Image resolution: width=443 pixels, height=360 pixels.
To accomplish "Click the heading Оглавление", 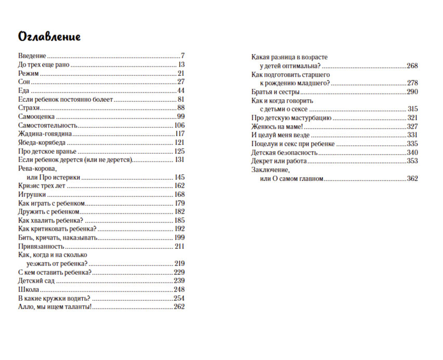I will pyautogui.click(x=49, y=37).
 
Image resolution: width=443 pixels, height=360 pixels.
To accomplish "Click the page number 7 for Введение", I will pyautogui.click(x=183, y=56).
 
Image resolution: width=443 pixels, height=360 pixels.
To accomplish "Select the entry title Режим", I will pyautogui.click(x=28, y=73).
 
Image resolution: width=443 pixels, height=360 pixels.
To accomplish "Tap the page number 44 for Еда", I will pyautogui.click(x=181, y=90).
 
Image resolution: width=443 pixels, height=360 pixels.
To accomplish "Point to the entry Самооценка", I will pyautogui.click(x=37, y=116).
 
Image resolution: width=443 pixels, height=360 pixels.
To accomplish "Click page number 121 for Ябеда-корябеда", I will pyautogui.click(x=180, y=142).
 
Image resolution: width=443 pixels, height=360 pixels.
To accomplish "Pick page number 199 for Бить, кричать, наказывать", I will pyautogui.click(x=180, y=237).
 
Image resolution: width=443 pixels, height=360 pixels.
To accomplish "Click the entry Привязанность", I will pyautogui.click(x=41, y=246).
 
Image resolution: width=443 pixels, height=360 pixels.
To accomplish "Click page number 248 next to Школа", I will pyautogui.click(x=179, y=289).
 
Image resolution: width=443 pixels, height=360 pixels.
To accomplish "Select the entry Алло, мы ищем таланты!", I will pyautogui.click(x=55, y=307).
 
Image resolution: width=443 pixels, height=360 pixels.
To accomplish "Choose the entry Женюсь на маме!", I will pyautogui.click(x=277, y=126).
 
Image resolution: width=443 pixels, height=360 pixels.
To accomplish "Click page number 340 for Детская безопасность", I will pyautogui.click(x=412, y=152).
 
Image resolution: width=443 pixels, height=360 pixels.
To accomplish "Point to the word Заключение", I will pyautogui.click(x=270, y=170).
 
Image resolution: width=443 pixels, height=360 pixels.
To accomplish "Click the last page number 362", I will pyautogui.click(x=412, y=179).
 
